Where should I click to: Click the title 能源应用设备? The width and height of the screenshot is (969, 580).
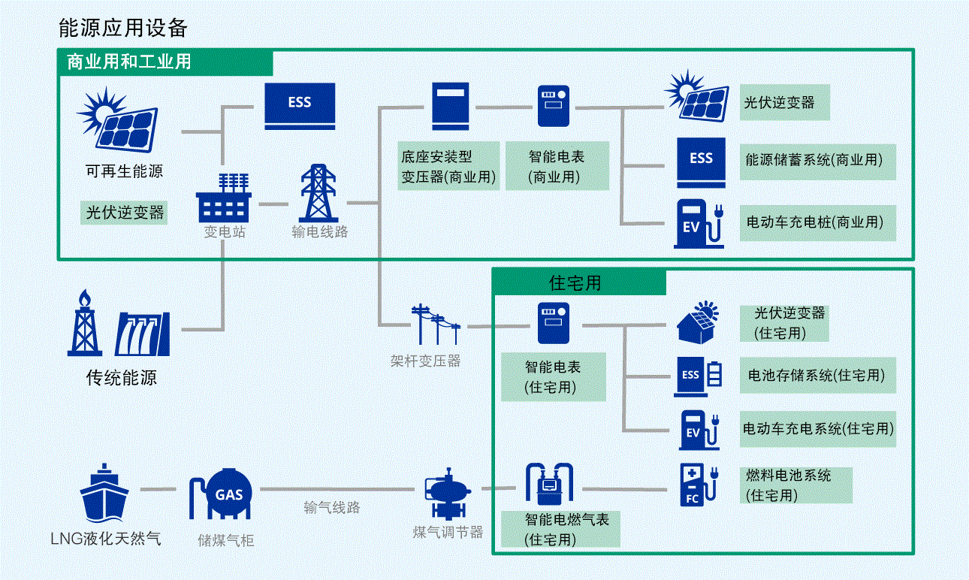123,29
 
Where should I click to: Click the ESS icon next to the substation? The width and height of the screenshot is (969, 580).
299,105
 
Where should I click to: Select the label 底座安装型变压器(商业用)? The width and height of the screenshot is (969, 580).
448,167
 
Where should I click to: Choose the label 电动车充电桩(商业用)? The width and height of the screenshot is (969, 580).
817,222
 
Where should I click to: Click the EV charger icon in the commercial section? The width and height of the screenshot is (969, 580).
699,224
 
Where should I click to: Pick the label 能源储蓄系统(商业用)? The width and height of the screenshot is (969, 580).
817,160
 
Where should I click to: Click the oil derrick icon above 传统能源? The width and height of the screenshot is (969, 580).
84,324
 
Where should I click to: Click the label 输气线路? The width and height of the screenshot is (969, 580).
332,508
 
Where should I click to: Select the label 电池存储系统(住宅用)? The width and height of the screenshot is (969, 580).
817,375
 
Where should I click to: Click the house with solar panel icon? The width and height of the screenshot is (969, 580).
696,322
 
